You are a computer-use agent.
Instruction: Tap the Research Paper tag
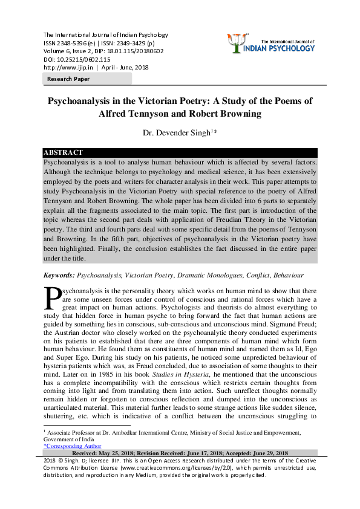[x=68, y=79]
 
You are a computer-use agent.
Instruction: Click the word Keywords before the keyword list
[x=58, y=275]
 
